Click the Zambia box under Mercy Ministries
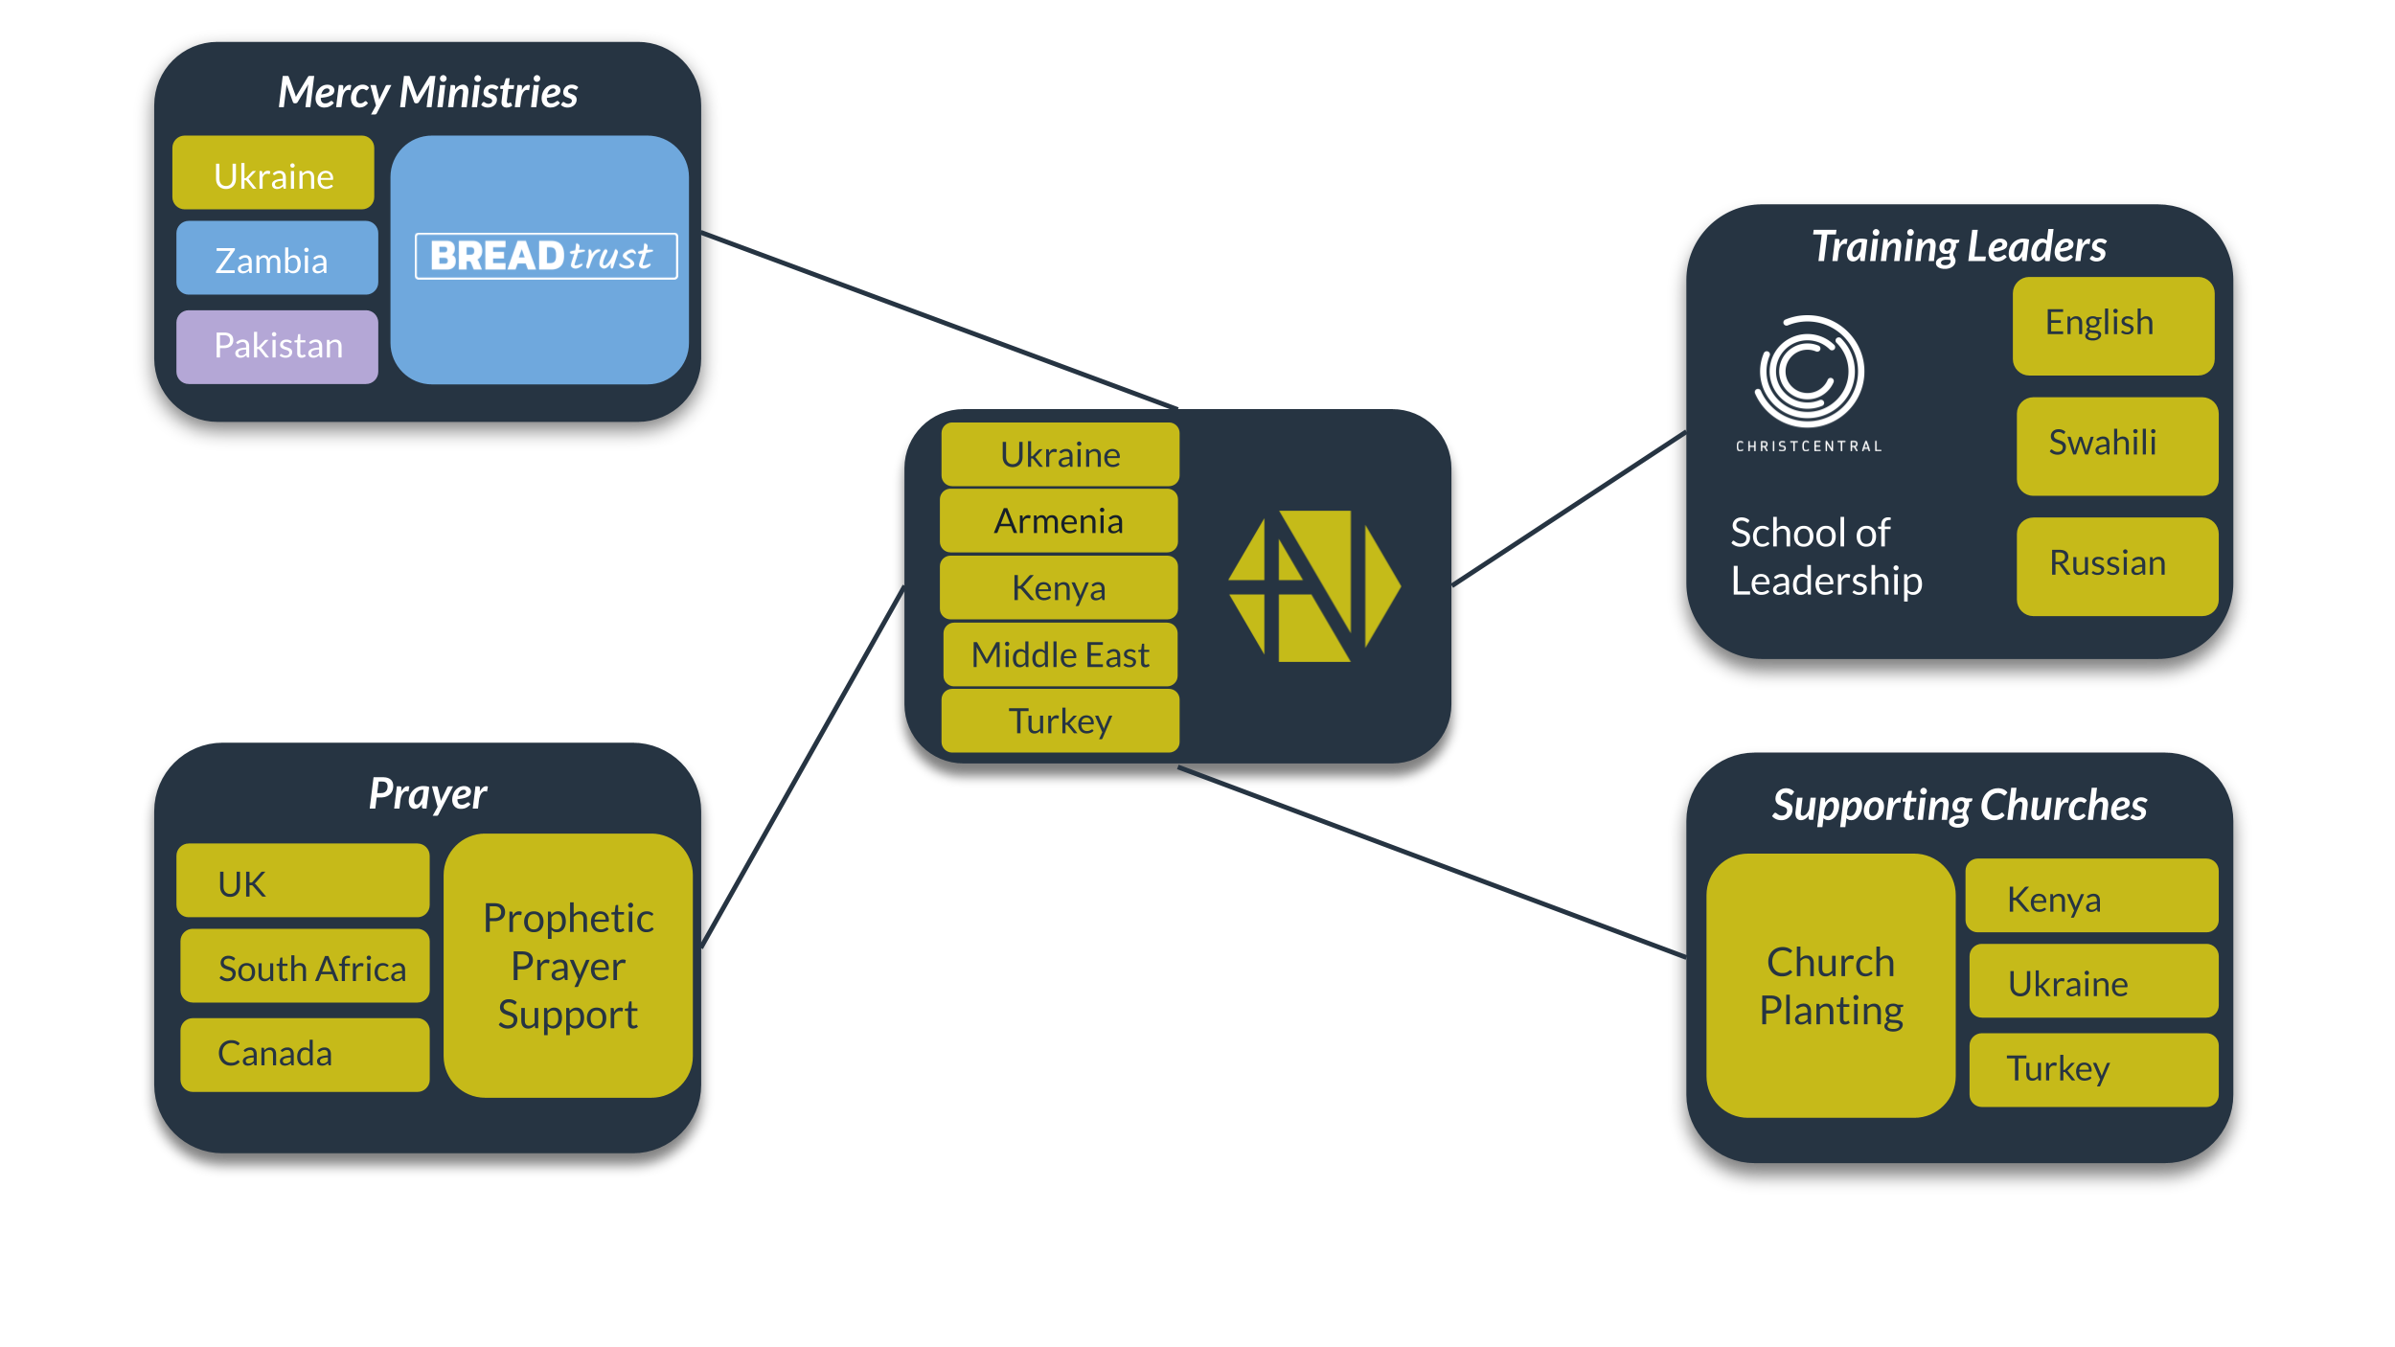click(277, 258)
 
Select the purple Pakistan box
click(277, 346)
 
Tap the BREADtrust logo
click(546, 256)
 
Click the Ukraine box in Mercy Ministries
click(273, 172)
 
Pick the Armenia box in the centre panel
click(1059, 520)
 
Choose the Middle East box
click(1061, 654)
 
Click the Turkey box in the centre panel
click(1061, 720)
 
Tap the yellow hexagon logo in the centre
click(1314, 585)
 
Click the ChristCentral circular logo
click(1809, 371)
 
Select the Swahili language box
click(2117, 445)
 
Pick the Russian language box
click(2117, 566)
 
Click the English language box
click(2113, 326)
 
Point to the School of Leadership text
click(1826, 557)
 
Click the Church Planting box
click(1831, 985)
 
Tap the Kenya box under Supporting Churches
click(2092, 895)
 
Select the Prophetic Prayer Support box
click(568, 965)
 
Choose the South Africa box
click(305, 966)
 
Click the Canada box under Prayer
click(305, 1055)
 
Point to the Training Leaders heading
click(1959, 246)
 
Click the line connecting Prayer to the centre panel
click(804, 766)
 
